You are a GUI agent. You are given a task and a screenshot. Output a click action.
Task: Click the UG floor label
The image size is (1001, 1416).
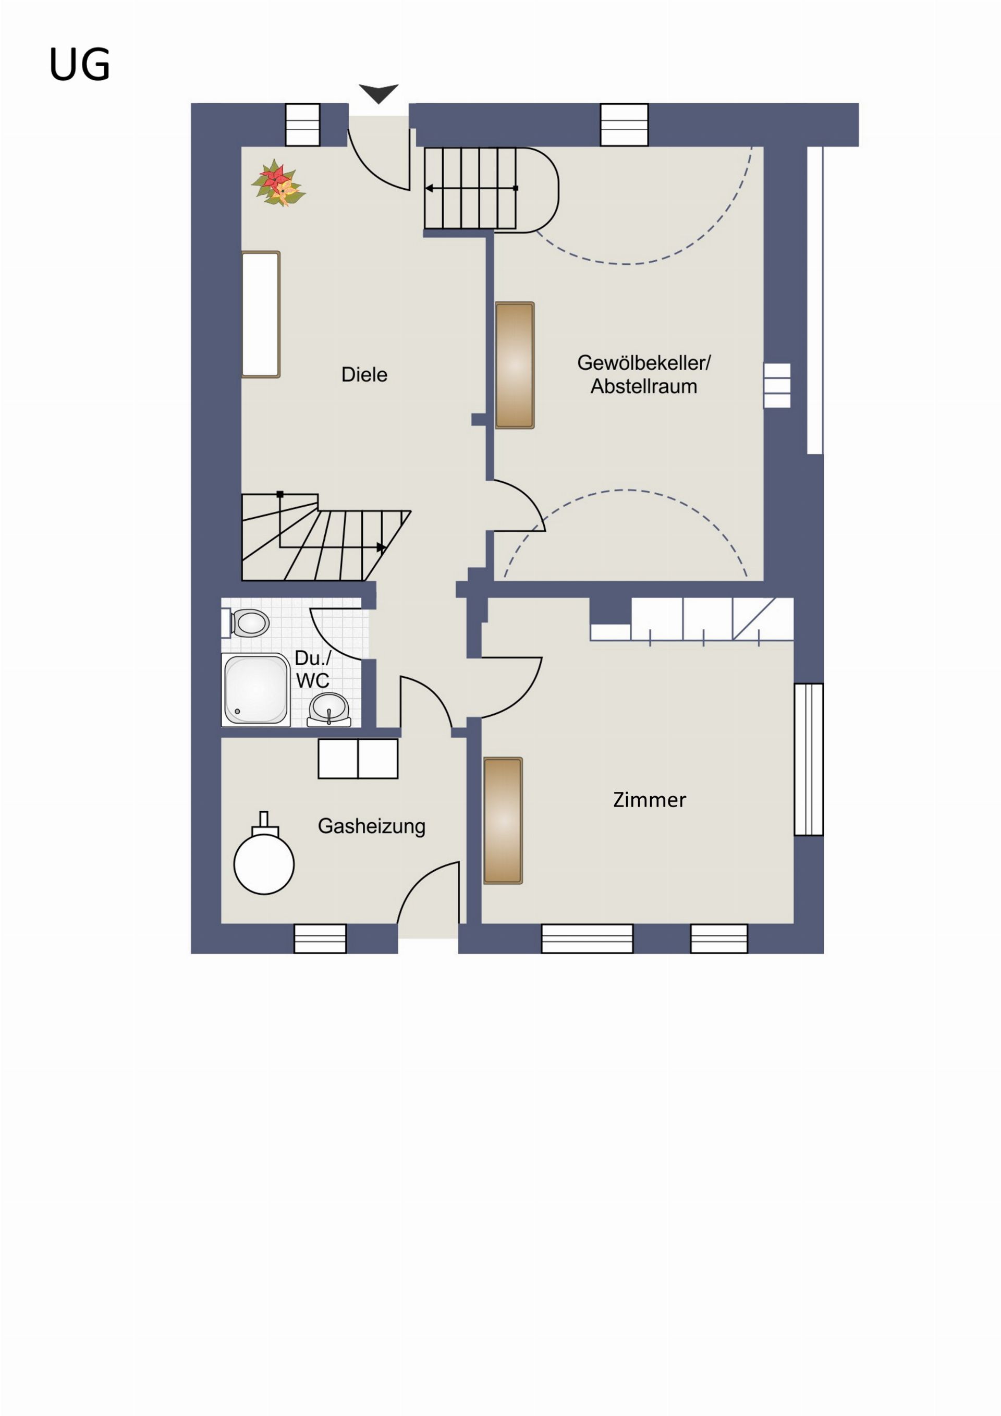pos(80,65)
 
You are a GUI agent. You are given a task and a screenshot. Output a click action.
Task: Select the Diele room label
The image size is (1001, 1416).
pos(364,374)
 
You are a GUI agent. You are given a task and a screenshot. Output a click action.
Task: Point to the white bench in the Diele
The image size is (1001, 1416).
pos(261,314)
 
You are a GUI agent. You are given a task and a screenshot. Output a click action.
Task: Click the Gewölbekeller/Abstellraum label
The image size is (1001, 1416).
pos(644,374)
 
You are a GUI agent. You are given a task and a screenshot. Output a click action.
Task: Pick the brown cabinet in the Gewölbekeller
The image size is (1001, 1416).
pos(515,365)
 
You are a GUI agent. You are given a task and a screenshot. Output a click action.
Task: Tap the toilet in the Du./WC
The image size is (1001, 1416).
pos(246,623)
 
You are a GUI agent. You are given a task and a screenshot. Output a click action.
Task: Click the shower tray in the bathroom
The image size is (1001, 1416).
pos(256,690)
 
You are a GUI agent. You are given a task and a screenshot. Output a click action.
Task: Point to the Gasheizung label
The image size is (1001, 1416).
pos(372,826)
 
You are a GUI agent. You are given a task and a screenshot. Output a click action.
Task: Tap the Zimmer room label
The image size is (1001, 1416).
pos(650,800)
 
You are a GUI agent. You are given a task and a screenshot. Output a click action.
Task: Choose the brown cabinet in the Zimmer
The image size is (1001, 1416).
pos(503,821)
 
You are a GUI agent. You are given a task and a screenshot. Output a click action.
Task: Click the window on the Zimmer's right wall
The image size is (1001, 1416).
pos(809,759)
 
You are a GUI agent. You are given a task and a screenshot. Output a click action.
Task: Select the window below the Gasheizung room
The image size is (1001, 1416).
pos(320,938)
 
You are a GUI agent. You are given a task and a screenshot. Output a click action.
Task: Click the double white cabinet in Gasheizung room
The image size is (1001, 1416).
pos(358,759)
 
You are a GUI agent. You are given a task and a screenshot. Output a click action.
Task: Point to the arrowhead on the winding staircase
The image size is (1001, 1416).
pos(381,547)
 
